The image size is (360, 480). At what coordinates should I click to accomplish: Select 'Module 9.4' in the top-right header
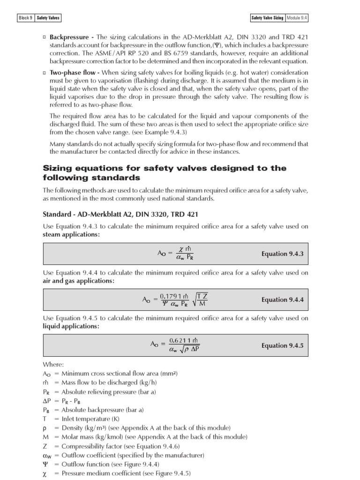coord(297,18)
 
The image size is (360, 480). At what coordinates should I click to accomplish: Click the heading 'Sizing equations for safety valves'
coord(164,168)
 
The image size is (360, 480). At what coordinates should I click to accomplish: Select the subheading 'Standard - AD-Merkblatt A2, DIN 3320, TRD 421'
coord(120,214)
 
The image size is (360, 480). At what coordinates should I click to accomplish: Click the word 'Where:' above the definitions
coord(52,364)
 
